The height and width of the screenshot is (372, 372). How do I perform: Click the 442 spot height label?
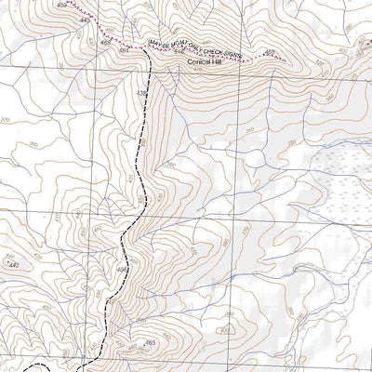[x=12, y=265]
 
